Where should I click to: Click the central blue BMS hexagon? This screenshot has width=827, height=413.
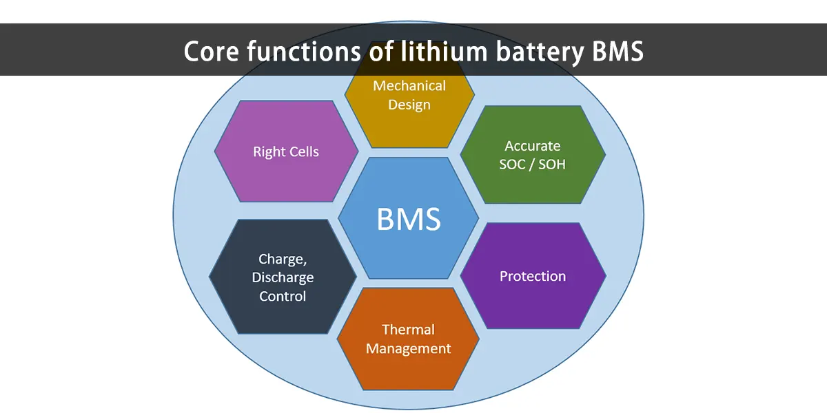tap(409, 218)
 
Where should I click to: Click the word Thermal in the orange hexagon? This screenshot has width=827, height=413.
tap(409, 330)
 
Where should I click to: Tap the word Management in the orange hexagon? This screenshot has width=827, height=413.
tap(409, 349)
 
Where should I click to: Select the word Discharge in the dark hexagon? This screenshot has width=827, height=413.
tap(283, 277)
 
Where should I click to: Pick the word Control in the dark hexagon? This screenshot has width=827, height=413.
tap(283, 297)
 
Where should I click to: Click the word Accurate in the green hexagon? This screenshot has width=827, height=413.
tap(533, 146)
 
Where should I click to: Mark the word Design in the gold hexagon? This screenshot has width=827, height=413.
tap(409, 105)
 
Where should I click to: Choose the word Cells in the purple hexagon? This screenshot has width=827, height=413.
tap(303, 151)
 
